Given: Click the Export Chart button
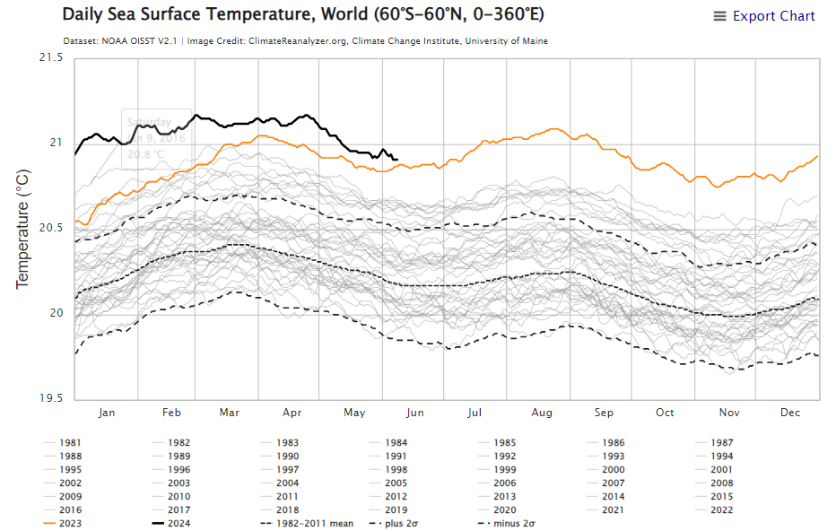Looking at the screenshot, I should tap(764, 16).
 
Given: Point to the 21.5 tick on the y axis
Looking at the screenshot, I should tap(50, 58).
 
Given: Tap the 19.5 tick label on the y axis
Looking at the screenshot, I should tap(50, 398).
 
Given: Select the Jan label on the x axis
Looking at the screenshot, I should tap(107, 413).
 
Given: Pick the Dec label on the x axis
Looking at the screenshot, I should tap(790, 413).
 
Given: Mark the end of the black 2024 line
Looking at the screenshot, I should tap(397, 160).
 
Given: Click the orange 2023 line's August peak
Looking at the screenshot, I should tap(553, 129).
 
